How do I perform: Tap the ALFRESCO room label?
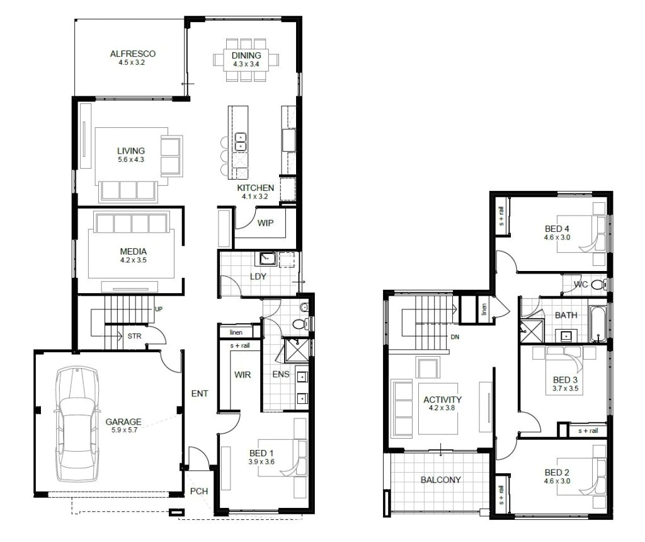(x=132, y=54)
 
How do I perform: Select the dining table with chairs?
(x=246, y=59)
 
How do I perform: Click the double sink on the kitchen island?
(x=240, y=142)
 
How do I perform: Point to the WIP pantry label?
(x=265, y=222)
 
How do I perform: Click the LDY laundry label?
(x=258, y=277)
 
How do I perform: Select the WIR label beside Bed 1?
(x=243, y=375)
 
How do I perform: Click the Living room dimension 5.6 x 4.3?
(x=131, y=160)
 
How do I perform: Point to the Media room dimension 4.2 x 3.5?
(x=133, y=260)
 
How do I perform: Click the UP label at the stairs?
(x=159, y=309)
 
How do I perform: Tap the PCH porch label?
(x=199, y=492)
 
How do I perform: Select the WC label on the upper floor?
(x=581, y=284)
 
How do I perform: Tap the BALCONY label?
(x=440, y=480)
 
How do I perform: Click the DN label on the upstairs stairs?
(x=455, y=337)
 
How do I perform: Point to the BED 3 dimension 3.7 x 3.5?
(x=565, y=389)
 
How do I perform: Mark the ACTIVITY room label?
(x=442, y=400)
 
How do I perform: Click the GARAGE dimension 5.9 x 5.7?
(x=123, y=430)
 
